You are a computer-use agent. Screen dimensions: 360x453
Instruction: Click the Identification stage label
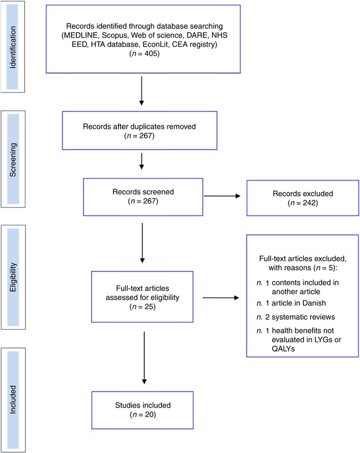coord(13,47)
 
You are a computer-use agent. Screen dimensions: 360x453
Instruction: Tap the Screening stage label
coord(13,160)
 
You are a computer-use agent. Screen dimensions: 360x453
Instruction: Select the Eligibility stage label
coord(13,277)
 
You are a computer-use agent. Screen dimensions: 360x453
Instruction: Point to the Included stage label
coord(13,400)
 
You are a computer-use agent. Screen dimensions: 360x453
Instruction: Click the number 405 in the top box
coord(152,53)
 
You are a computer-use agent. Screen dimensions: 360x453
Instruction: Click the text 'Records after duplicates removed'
coord(139,127)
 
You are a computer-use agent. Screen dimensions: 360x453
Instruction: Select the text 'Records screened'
coord(143,192)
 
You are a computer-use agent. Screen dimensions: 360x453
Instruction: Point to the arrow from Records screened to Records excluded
coord(222,196)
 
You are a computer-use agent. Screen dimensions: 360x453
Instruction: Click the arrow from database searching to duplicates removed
coord(141,91)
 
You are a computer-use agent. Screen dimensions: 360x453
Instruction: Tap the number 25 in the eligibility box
coord(149,307)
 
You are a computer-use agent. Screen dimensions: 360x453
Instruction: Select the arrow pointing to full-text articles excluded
coord(220,297)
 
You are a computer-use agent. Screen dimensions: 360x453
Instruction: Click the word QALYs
coord(283,349)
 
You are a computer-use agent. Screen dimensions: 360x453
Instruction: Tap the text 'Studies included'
coord(143,406)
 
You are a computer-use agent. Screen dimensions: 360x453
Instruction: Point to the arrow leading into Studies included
coord(145,357)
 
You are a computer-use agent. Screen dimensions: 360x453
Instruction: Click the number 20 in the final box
coord(149,415)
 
